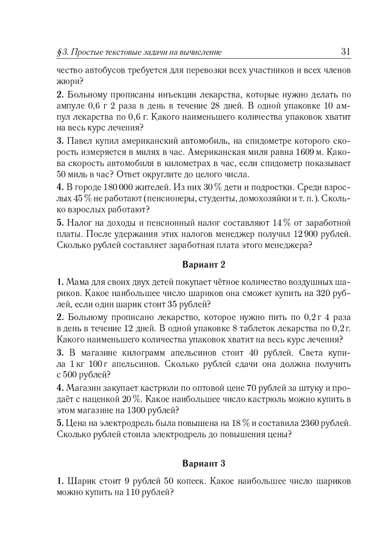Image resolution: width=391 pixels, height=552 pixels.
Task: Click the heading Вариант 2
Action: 203,265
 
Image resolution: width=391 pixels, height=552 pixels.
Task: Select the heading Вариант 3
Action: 203,462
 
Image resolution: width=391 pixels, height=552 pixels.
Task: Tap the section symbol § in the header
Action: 59,52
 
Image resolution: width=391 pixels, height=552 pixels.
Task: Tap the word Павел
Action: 80,141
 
